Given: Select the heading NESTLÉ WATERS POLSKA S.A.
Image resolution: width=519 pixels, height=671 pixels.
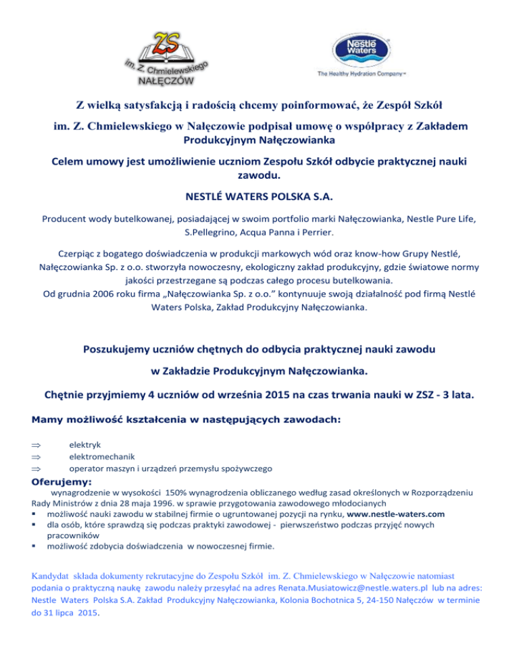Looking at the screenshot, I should (259, 198).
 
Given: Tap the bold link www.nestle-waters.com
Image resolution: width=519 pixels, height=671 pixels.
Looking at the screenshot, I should (395, 514).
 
